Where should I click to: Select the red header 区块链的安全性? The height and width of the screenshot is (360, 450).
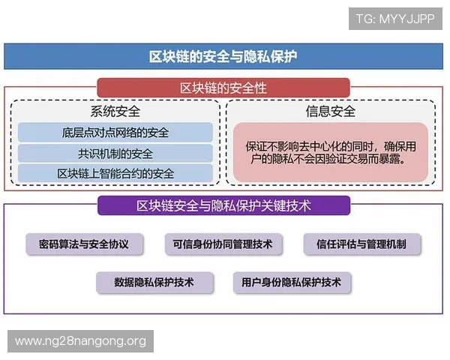point(223,88)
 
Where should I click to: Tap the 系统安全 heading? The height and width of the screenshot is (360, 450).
point(115,112)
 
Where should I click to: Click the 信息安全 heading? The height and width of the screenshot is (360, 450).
point(330,112)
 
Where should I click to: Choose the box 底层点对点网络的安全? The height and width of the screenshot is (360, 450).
point(115,133)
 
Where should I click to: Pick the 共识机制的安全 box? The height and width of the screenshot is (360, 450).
point(115,153)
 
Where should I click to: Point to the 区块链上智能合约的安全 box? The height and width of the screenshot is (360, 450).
point(115,173)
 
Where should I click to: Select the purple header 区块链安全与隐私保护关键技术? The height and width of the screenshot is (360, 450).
point(223,205)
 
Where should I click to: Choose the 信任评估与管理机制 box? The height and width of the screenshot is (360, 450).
point(362,244)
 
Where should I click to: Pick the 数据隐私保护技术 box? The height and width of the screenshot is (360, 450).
point(154,282)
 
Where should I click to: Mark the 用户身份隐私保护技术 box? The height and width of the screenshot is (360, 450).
point(292,282)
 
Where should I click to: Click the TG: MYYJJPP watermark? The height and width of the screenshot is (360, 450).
point(395,18)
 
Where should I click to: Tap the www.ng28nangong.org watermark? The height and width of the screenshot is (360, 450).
point(80,341)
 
